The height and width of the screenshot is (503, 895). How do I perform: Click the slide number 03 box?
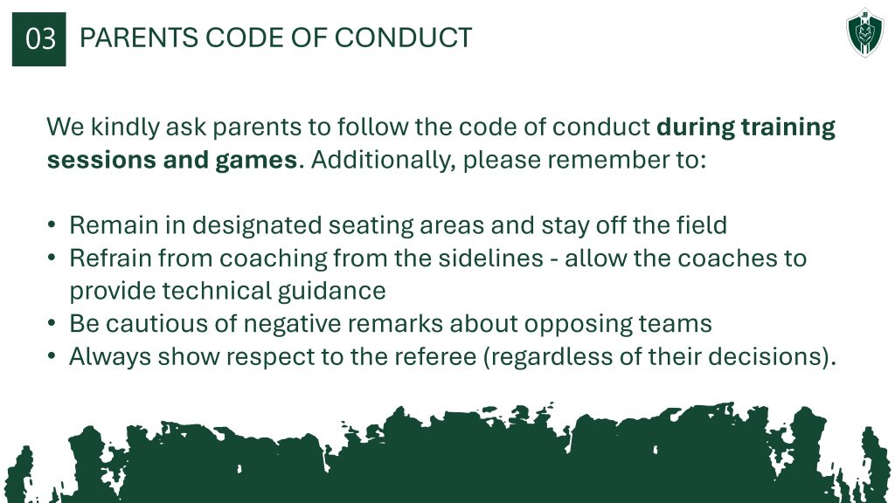tap(38, 39)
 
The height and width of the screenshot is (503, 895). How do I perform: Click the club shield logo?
tap(865, 34)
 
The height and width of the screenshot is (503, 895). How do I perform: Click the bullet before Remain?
tap(52, 225)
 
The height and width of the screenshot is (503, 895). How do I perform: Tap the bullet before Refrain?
tap(52, 258)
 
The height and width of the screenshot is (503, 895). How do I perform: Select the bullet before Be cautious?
tap(52, 324)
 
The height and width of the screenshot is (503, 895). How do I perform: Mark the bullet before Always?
tap(52, 357)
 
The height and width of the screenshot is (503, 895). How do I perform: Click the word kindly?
tap(125, 127)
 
